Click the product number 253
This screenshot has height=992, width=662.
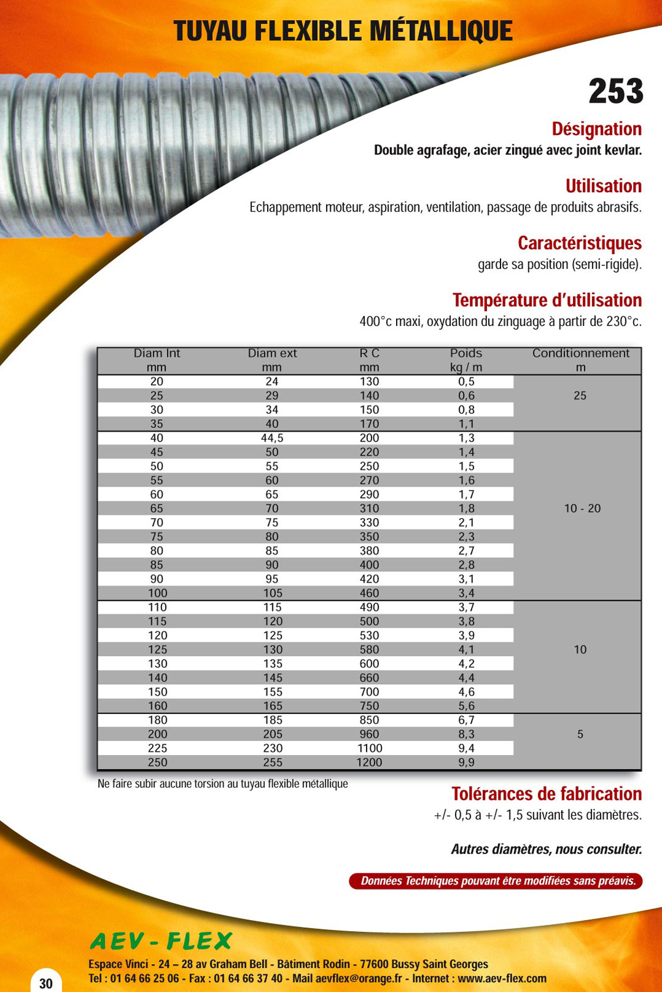pyautogui.click(x=615, y=91)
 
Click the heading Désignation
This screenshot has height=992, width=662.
pyautogui.click(x=597, y=129)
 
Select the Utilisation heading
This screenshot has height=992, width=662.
pyautogui.click(x=603, y=186)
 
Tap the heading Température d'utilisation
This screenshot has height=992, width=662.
pyautogui.click(x=546, y=300)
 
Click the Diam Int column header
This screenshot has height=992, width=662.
pyautogui.click(x=157, y=354)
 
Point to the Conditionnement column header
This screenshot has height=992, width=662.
pyautogui.click(x=581, y=354)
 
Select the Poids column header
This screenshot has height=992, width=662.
pyautogui.click(x=466, y=354)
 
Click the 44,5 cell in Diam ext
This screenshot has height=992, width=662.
pyautogui.click(x=272, y=438)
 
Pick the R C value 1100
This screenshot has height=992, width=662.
pyautogui.click(x=370, y=748)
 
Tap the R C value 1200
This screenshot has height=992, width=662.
pyautogui.click(x=370, y=762)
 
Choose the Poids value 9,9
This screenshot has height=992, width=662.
pyautogui.click(x=466, y=762)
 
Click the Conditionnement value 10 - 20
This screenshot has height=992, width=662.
pyautogui.click(x=582, y=509)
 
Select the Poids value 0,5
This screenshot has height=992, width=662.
pyautogui.click(x=466, y=382)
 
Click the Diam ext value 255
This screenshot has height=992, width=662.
pyautogui.click(x=272, y=762)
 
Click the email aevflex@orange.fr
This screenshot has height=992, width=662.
pyautogui.click(x=358, y=979)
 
